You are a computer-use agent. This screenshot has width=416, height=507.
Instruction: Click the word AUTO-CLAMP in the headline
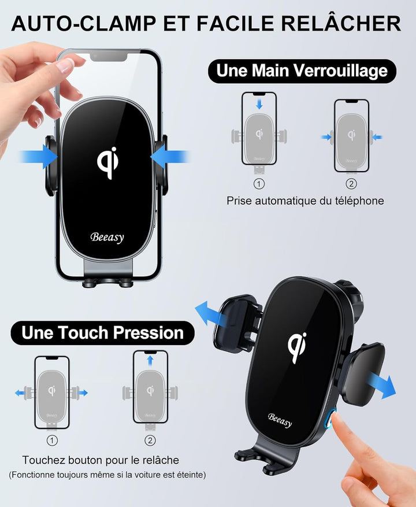[x=83, y=23]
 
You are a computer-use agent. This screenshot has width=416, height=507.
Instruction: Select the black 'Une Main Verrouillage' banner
[x=302, y=71]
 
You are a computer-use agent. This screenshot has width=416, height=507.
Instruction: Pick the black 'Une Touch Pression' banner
[x=102, y=333]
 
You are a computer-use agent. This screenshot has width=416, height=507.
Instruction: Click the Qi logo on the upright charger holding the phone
[x=108, y=162]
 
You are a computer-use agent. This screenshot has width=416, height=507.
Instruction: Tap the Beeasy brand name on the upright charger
[x=107, y=238]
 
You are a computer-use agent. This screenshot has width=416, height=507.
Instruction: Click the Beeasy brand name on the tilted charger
[x=280, y=420]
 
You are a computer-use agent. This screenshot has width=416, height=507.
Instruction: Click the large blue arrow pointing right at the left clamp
[x=39, y=157]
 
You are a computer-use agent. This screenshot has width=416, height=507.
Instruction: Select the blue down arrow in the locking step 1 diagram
[x=259, y=104]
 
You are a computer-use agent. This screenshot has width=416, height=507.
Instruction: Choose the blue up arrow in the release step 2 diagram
[x=150, y=361]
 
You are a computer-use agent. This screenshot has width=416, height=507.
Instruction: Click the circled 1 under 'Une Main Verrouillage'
[x=259, y=184]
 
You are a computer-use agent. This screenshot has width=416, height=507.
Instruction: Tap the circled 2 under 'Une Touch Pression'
[x=150, y=441]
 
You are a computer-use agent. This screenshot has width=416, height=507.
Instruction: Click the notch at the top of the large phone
[x=109, y=56]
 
